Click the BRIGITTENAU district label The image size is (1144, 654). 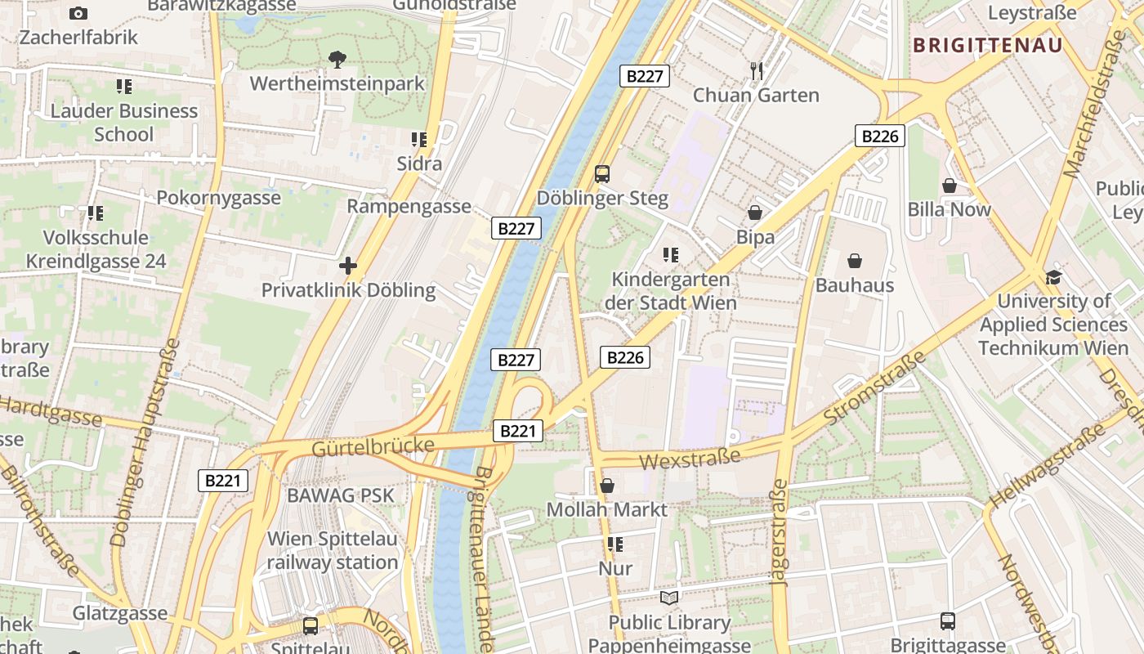988,45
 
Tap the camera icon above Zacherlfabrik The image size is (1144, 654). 78,13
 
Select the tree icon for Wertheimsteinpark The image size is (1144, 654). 337,59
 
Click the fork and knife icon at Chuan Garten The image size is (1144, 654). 757,71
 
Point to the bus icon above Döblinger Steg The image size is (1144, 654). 602,173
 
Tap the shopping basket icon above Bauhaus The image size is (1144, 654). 855,261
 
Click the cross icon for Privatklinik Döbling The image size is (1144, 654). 348,266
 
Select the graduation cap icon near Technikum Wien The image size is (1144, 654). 1054,276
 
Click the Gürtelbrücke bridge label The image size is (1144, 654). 372,446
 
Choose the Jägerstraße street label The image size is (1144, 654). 779,532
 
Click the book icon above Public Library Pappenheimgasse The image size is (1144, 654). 669,598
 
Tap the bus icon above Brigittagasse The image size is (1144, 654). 947,621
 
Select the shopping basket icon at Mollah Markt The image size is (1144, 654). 607,486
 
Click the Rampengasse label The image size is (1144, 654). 409,206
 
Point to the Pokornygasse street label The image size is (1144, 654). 218,198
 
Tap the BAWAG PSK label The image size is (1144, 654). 340,495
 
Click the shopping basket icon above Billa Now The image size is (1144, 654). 950,186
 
